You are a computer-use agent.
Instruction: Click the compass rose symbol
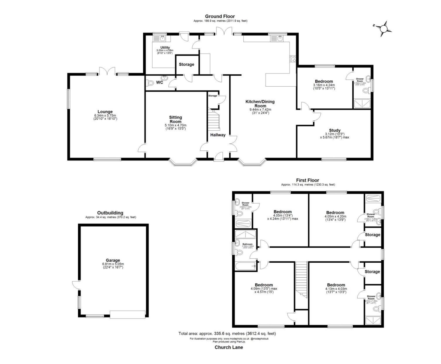tap(384, 28)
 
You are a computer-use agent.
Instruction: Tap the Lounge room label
tap(105, 112)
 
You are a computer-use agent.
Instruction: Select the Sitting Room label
tap(176, 119)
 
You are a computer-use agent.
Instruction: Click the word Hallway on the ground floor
tap(218, 135)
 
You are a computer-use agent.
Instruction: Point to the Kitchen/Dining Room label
tap(260, 104)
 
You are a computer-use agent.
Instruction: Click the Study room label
tap(335, 130)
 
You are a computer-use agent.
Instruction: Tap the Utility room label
tap(165, 48)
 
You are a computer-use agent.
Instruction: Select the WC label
tap(160, 82)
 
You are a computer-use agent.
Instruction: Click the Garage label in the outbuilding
tap(113, 260)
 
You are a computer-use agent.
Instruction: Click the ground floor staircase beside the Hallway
tap(214, 120)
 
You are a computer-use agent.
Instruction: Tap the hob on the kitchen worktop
tap(293, 59)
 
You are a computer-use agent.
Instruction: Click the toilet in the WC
tap(151, 83)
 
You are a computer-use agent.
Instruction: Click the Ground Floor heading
tap(220, 16)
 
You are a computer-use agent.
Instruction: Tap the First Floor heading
tap(308, 180)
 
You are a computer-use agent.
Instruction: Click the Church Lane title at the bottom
tap(229, 347)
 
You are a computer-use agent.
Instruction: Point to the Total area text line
tap(227, 333)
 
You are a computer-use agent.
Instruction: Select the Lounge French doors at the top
tap(107, 71)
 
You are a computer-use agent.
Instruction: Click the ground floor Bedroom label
tap(324, 81)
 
